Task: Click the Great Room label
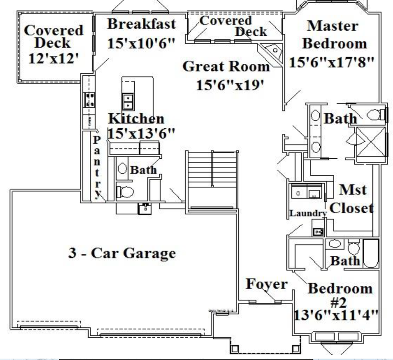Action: [226, 66]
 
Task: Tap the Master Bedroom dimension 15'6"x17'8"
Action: [331, 62]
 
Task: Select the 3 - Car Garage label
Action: [122, 254]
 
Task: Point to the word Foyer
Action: [266, 284]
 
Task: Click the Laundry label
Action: [308, 213]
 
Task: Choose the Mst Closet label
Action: [352, 199]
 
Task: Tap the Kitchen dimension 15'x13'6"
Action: [141, 134]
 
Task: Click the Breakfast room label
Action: [141, 24]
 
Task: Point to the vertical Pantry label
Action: [98, 167]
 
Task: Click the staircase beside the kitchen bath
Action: [211, 180]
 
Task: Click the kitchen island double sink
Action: [128, 101]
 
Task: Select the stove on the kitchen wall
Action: [90, 100]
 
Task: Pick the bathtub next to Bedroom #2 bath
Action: [371, 253]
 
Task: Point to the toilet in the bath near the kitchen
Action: [125, 191]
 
